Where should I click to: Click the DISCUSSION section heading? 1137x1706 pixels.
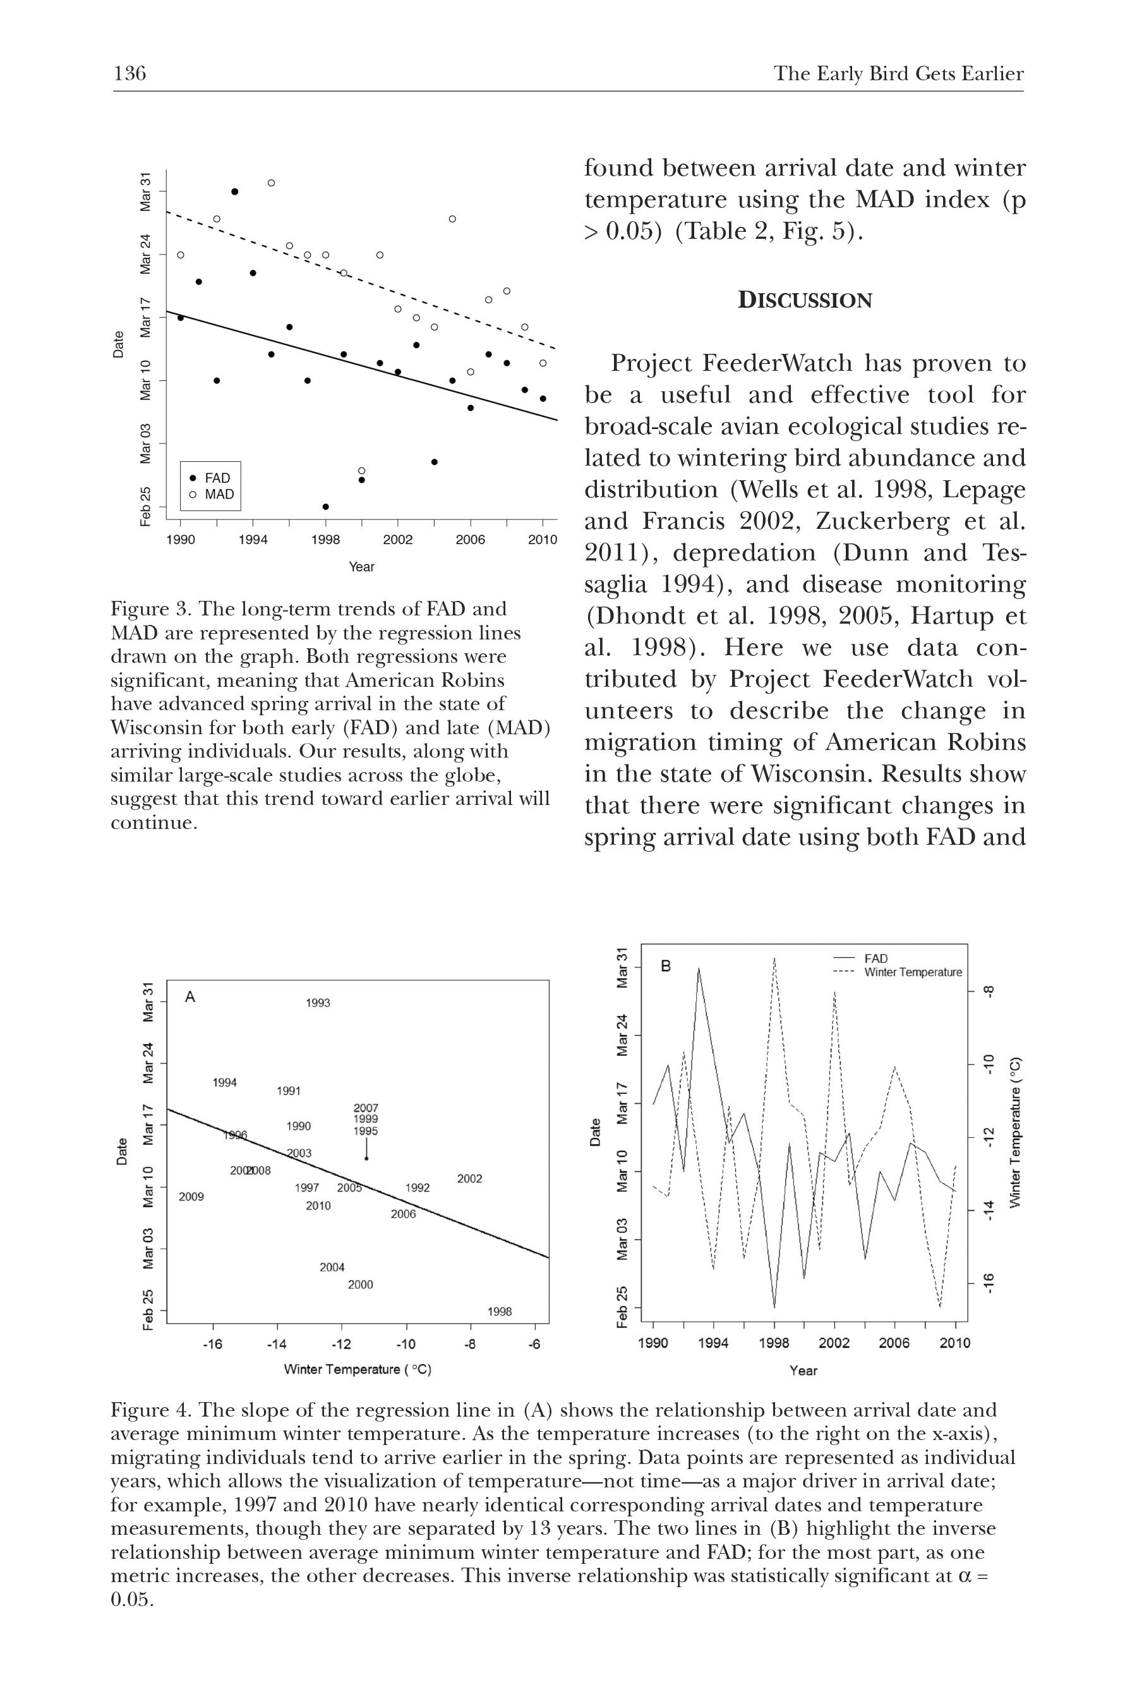click(x=805, y=300)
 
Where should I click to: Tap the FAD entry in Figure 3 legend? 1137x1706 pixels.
click(x=217, y=478)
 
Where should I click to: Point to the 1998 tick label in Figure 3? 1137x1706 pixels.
click(x=325, y=539)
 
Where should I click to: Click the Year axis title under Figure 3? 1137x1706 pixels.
click(x=361, y=567)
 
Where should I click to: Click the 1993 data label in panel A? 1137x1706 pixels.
click(x=318, y=1003)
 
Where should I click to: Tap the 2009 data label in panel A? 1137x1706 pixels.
click(x=191, y=1197)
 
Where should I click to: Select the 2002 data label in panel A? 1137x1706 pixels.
click(x=469, y=1178)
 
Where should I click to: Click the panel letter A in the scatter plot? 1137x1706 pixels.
click(x=190, y=997)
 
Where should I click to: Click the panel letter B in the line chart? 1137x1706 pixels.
click(x=666, y=966)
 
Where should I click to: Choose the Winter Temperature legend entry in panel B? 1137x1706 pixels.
click(x=912, y=972)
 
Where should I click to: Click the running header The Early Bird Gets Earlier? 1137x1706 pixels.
click(x=898, y=74)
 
